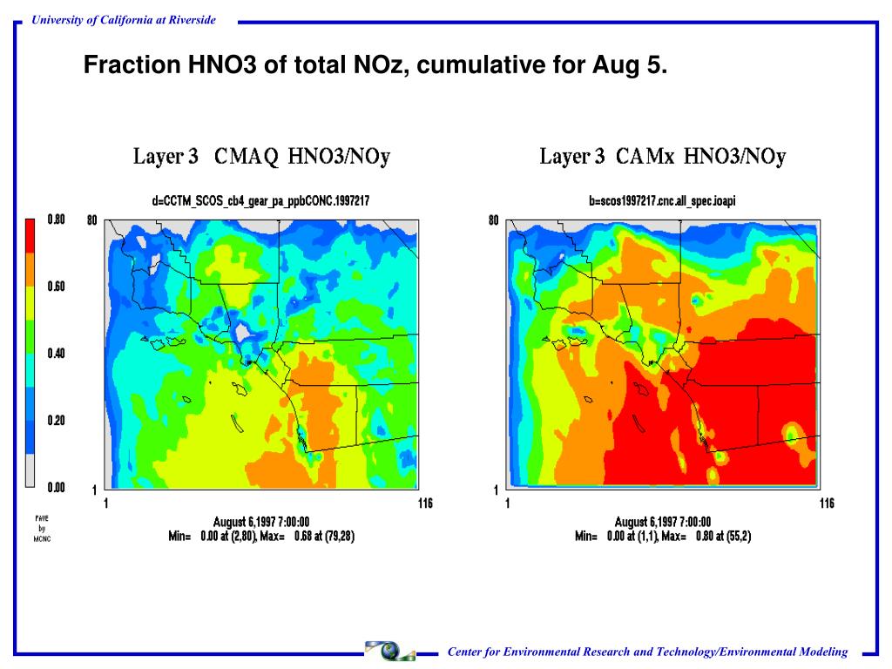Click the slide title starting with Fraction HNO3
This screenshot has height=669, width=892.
(375, 64)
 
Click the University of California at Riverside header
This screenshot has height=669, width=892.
(123, 20)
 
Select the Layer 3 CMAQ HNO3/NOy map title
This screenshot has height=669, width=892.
(261, 157)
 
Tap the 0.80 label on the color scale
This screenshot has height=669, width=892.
(57, 220)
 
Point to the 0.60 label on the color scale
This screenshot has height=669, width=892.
(57, 287)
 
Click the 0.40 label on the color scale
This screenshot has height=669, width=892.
(57, 354)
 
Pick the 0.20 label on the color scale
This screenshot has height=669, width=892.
(57, 421)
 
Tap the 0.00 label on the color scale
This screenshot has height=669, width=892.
(57, 488)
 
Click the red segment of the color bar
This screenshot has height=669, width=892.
(30, 235)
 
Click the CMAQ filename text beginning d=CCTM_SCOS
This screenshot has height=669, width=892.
(260, 201)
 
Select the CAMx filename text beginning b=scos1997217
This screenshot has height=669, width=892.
(662, 201)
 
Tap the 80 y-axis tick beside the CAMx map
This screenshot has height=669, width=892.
(493, 220)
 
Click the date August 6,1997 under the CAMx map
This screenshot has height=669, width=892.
(663, 523)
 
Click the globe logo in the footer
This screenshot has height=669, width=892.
(390, 651)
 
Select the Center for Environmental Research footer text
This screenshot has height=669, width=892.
(647, 652)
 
